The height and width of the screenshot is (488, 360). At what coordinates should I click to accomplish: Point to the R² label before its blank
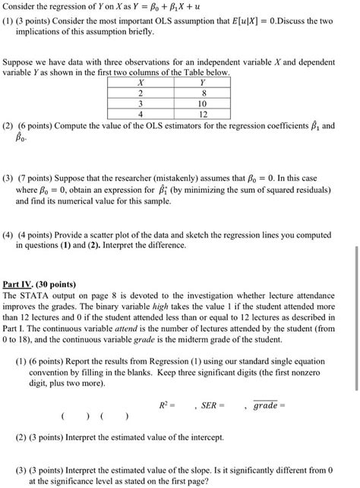[165, 406]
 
